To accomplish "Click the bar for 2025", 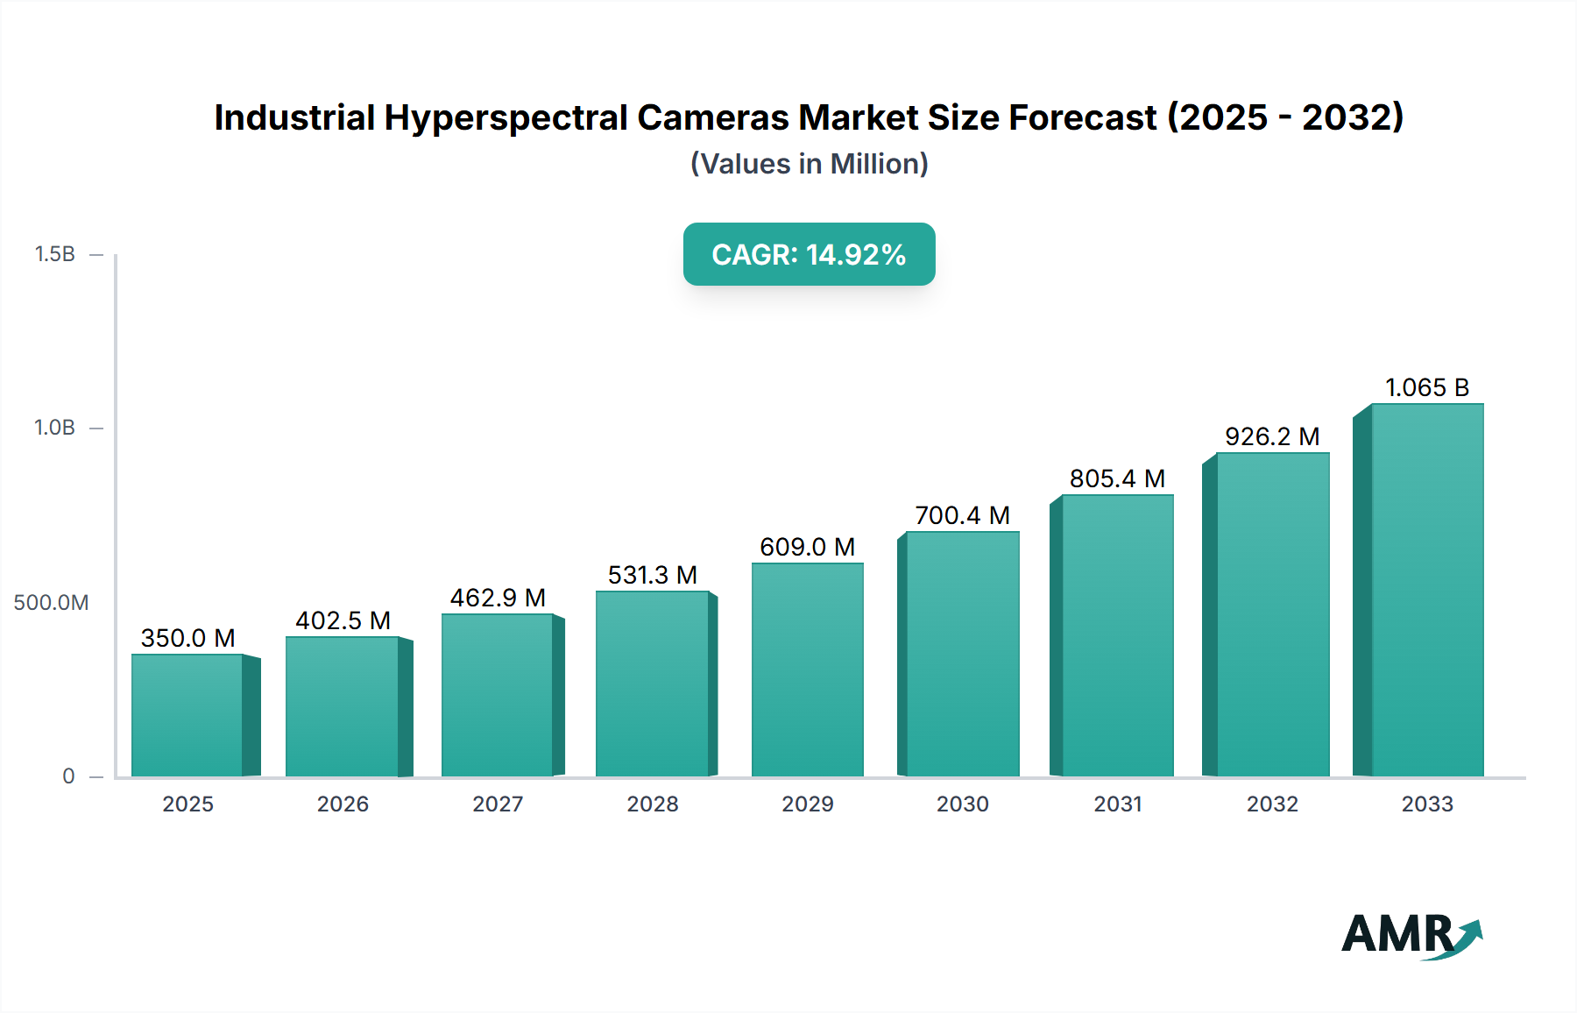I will point(187,715).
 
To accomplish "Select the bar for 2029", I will point(807,669).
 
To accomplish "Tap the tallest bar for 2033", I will point(1427,590).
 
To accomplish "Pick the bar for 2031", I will point(1117,635).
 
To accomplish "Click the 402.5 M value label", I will point(343,620).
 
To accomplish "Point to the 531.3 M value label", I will point(653,575).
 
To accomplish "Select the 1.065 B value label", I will point(1426,387).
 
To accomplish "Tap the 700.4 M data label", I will point(962,515).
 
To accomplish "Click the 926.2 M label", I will point(1272,436).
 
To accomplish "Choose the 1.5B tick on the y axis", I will point(55,254).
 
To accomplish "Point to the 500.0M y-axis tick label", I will point(51,602).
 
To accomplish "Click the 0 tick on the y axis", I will point(68,776).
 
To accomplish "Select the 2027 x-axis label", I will point(498,804).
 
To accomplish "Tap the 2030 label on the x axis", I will point(962,804).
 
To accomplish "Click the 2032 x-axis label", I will point(1272,804).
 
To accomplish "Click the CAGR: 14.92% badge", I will point(809,254).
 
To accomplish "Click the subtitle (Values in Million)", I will point(809,164).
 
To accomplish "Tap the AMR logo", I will point(1411,935).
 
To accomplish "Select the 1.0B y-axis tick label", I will point(55,428).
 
